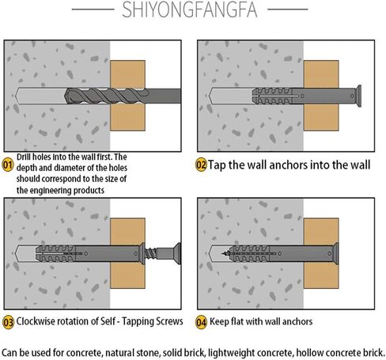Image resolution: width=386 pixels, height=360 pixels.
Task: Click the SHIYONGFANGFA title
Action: pyautogui.click(x=190, y=9)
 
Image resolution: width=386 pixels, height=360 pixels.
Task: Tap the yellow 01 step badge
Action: pyautogui.click(x=8, y=165)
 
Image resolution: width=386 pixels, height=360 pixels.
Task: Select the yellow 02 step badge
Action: pyautogui.click(x=201, y=165)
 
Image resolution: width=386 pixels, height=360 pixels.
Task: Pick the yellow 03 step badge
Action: pyautogui.click(x=8, y=322)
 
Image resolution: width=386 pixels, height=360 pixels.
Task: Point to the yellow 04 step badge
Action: pyautogui.click(x=201, y=322)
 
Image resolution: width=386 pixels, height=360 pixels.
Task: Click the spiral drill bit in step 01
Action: pyautogui.click(x=107, y=96)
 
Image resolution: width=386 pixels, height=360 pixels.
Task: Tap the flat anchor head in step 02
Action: pyautogui.click(x=358, y=96)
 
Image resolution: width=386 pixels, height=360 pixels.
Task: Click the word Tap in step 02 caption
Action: pyautogui.click(x=217, y=165)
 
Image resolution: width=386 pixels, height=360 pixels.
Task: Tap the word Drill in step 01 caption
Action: pyautogui.click(x=23, y=157)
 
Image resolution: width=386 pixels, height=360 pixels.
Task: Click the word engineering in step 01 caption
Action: pyautogui.click(x=50, y=191)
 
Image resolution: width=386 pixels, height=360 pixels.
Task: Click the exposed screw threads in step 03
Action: pyautogui.click(x=151, y=254)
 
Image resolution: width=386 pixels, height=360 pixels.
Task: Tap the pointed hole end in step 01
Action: pyautogui.click(x=17, y=96)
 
